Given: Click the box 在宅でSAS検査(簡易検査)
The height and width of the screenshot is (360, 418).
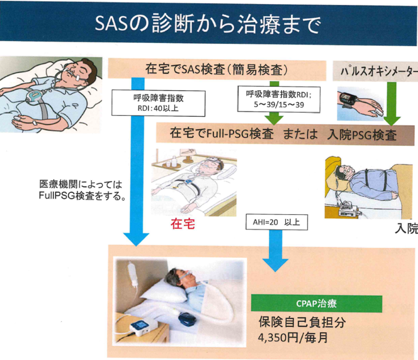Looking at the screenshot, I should [x=217, y=70].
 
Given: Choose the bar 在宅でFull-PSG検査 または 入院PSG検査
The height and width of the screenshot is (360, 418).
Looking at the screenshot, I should [x=285, y=134].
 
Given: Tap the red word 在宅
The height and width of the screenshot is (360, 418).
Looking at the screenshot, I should [x=182, y=224].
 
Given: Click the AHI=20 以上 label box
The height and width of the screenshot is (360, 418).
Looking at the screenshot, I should [x=277, y=223].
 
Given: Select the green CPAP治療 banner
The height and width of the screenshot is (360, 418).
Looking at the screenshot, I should [x=316, y=304].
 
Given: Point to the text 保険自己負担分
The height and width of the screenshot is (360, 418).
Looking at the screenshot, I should [x=302, y=323].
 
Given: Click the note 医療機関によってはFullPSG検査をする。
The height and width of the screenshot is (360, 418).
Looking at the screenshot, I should [x=82, y=190].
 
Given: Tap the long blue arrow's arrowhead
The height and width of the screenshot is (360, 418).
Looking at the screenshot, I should [x=136, y=238].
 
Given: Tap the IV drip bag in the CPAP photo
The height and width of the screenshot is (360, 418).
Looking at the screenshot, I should [x=132, y=271].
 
